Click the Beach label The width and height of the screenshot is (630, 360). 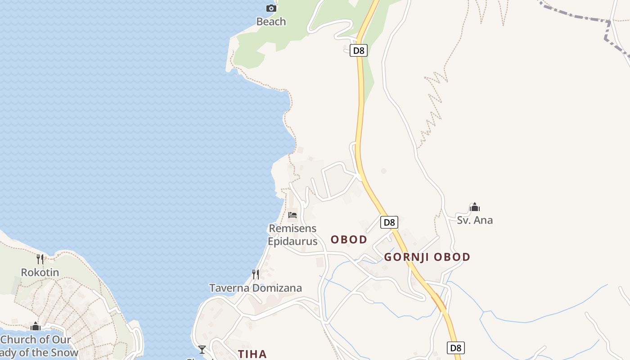[x=271, y=21]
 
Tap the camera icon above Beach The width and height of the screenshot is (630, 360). [x=271, y=8]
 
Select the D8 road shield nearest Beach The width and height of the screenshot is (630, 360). [x=359, y=50]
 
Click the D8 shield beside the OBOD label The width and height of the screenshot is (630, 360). [x=389, y=222]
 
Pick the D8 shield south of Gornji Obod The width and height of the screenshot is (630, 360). [x=456, y=347]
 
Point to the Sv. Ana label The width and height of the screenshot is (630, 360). [x=475, y=220]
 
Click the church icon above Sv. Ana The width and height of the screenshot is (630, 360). [x=474, y=207]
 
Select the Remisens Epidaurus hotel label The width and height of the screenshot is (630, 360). [x=292, y=235]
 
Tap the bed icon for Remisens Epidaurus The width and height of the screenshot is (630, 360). [x=292, y=215]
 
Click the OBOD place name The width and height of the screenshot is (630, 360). [x=349, y=239]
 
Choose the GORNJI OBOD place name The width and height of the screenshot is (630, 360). [x=427, y=257]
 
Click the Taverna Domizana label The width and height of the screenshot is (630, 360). [x=256, y=288]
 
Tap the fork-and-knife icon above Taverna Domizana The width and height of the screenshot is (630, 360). [x=255, y=274]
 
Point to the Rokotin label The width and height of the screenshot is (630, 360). [x=40, y=272]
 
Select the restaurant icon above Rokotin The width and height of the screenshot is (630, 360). [x=40, y=259]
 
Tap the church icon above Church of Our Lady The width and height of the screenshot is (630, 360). [x=36, y=326]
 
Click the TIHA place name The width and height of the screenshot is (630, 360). [x=252, y=354]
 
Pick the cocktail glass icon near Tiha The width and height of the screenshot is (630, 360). [x=202, y=349]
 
